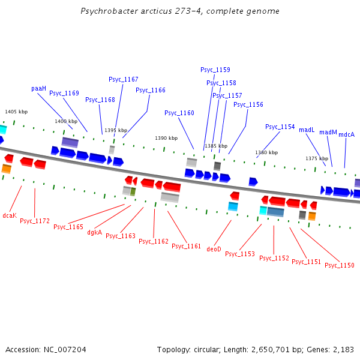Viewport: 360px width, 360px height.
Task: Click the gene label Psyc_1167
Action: [x=124, y=79]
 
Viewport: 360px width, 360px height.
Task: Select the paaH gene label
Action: [x=39, y=88]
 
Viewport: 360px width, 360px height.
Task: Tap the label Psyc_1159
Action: [x=215, y=70]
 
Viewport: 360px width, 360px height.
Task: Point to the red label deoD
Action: [x=214, y=248]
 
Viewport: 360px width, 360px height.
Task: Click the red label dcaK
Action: [x=10, y=215]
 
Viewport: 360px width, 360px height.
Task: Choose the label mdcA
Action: [x=347, y=134]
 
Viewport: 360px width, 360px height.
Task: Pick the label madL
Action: [x=307, y=130]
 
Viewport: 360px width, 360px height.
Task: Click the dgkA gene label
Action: [x=95, y=232]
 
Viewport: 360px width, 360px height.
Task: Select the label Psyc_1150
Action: [x=340, y=265]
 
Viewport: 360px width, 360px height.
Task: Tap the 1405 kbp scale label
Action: [x=16, y=112]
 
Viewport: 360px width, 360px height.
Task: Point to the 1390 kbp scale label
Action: [x=166, y=138]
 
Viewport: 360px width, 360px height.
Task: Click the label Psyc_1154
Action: [x=280, y=127]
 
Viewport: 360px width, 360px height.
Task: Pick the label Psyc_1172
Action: [x=35, y=221]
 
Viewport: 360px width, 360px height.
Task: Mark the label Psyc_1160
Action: [x=179, y=113]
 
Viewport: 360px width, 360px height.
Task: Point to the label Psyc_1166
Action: [x=151, y=90]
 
